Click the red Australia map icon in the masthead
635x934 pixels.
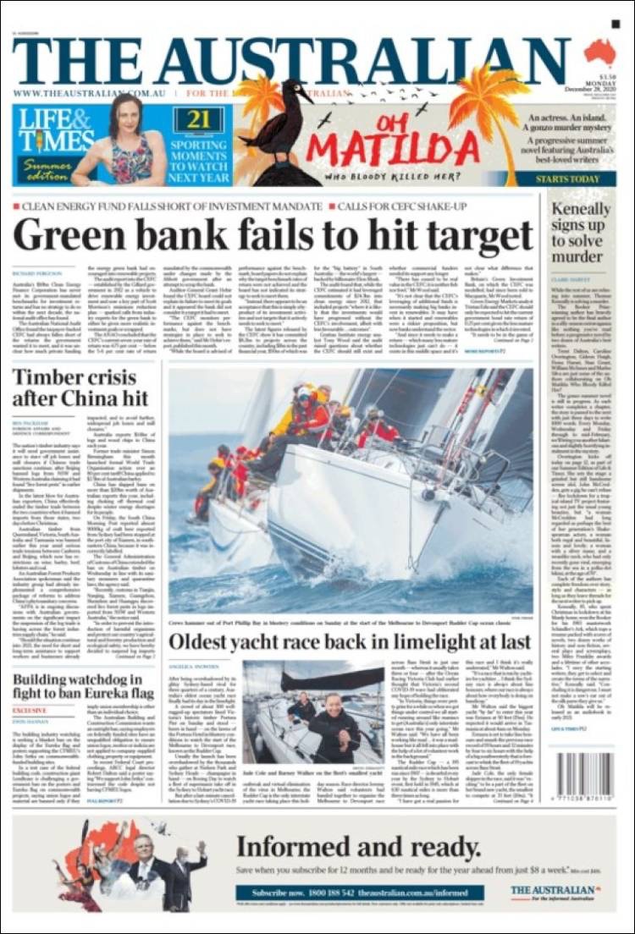click(600, 52)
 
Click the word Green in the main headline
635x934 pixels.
click(75, 237)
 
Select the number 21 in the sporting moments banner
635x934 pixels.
click(198, 119)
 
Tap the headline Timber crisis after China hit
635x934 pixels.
click(80, 390)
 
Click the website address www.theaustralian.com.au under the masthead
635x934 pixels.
click(89, 93)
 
